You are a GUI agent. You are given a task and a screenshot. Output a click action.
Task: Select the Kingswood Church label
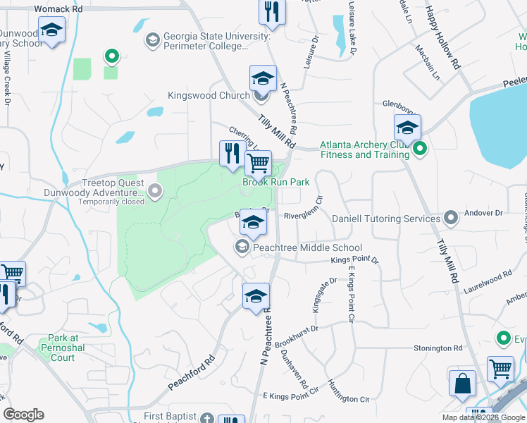(209, 95)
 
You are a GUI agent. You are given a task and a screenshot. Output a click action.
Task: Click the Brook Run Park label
(276, 182)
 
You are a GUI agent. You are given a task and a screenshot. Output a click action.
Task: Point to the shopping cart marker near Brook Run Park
(258, 164)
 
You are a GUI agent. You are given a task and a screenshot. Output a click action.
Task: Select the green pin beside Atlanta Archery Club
(421, 149)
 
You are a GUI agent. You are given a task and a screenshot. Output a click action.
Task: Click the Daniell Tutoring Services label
(386, 219)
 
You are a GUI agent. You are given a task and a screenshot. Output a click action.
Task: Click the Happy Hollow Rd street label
(442, 37)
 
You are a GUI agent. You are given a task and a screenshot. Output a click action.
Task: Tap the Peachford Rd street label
(191, 373)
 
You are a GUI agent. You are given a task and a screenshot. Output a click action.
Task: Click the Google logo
(23, 415)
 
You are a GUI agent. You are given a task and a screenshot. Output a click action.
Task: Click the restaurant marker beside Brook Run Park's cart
(232, 153)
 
